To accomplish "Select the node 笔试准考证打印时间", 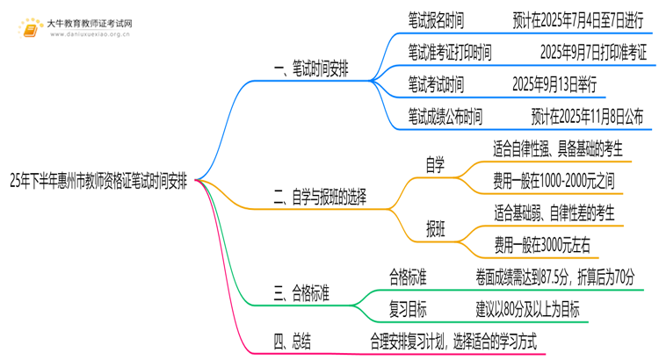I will click(449, 53).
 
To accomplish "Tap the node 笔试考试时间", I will click(436, 85).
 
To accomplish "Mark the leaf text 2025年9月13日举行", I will click(555, 85).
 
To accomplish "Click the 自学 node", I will click(436, 163).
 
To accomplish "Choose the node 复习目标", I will click(409, 310).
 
